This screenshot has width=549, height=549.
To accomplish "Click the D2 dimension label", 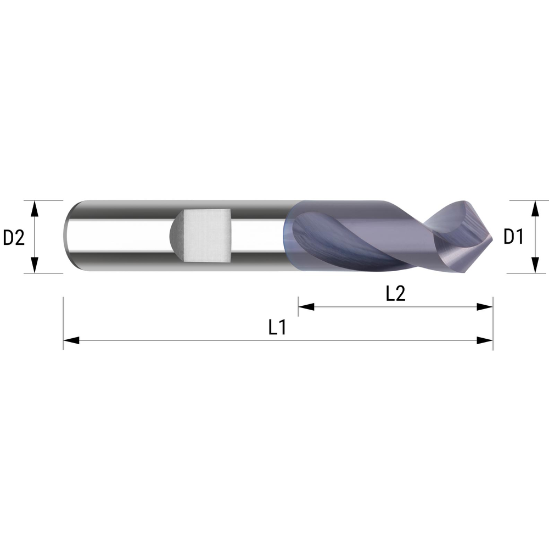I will click(14, 237).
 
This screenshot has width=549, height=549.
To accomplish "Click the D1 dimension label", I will click(513, 237).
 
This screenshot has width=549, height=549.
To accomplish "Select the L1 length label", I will click(277, 328).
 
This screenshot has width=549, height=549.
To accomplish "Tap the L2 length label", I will click(395, 294).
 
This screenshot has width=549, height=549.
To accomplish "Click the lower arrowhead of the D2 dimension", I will click(35, 266).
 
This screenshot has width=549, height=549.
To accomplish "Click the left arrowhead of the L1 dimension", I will click(71, 340).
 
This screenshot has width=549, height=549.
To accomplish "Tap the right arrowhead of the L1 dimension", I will click(485, 340).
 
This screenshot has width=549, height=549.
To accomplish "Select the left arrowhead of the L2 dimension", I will click(306, 307).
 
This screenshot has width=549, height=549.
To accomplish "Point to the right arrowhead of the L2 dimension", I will click(485, 307).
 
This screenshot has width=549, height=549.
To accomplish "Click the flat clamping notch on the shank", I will click(206, 236).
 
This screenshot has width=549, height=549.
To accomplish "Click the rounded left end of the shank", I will click(69, 236).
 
